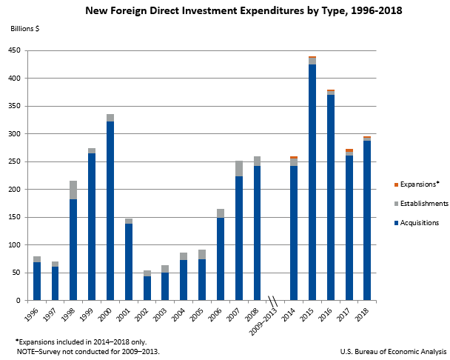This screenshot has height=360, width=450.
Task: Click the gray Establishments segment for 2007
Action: pyautogui.click(x=239, y=168)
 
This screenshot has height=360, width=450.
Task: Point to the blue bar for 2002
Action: pyautogui.click(x=147, y=288)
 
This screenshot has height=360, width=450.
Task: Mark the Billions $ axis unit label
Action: pyautogui.click(x=24, y=29)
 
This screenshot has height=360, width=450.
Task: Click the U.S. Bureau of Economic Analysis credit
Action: pyautogui.click(x=393, y=351)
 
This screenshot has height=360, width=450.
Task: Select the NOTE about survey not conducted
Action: pyautogui.click(x=87, y=351)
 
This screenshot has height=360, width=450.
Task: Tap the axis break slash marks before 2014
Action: pyautogui.click(x=272, y=301)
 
